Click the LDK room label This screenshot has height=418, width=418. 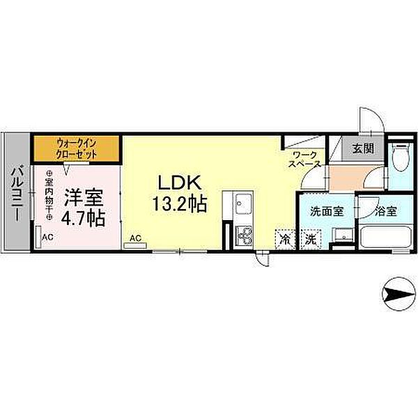178,184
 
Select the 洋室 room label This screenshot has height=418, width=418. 84,197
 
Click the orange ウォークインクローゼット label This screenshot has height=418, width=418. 77,148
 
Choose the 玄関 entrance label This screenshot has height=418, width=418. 362,148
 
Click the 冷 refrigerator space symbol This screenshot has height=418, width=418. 284,238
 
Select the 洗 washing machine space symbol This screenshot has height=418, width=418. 309,238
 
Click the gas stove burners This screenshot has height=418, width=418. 244,235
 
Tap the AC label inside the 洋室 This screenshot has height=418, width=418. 47,238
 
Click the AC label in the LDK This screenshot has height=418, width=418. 135,238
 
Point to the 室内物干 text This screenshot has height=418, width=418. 49,195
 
